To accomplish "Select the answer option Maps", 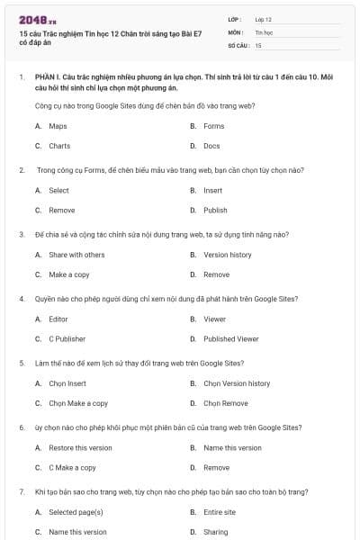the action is (x=58, y=126).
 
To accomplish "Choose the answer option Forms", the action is (x=213, y=126).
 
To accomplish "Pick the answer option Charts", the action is (x=59, y=145).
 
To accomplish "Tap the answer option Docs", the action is (x=211, y=145).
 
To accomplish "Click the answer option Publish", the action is (x=215, y=210).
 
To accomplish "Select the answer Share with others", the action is (x=76, y=255).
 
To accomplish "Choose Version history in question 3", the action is (x=228, y=255).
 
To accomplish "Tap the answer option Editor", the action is (x=58, y=319).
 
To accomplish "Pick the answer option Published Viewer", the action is (x=230, y=338).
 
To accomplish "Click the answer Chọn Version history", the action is (x=237, y=383).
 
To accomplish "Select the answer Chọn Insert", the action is (x=67, y=383).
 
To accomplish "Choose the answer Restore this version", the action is (x=80, y=447).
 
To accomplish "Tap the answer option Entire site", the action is (x=220, y=512).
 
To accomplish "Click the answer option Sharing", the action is (x=216, y=532).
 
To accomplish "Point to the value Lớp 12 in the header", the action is (x=264, y=18).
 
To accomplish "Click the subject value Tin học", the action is (x=264, y=31).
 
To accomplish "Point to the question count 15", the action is (x=258, y=44).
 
